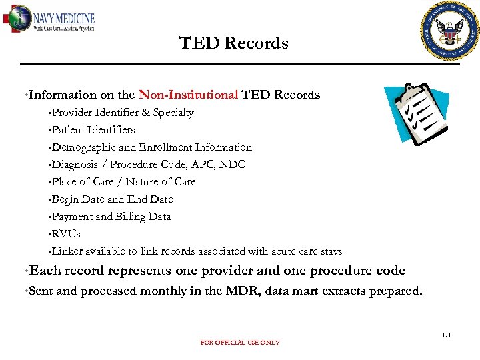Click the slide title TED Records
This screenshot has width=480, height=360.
click(234, 43)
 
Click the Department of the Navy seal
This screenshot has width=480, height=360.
click(450, 31)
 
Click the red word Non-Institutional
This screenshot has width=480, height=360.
click(188, 95)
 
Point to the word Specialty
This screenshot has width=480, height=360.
click(173, 113)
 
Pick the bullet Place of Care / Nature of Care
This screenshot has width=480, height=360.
click(123, 182)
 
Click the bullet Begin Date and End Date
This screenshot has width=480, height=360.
click(112, 199)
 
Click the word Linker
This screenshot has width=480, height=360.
click(67, 251)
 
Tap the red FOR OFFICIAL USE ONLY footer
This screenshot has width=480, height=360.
click(240, 343)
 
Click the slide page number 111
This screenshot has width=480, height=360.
click(446, 334)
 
